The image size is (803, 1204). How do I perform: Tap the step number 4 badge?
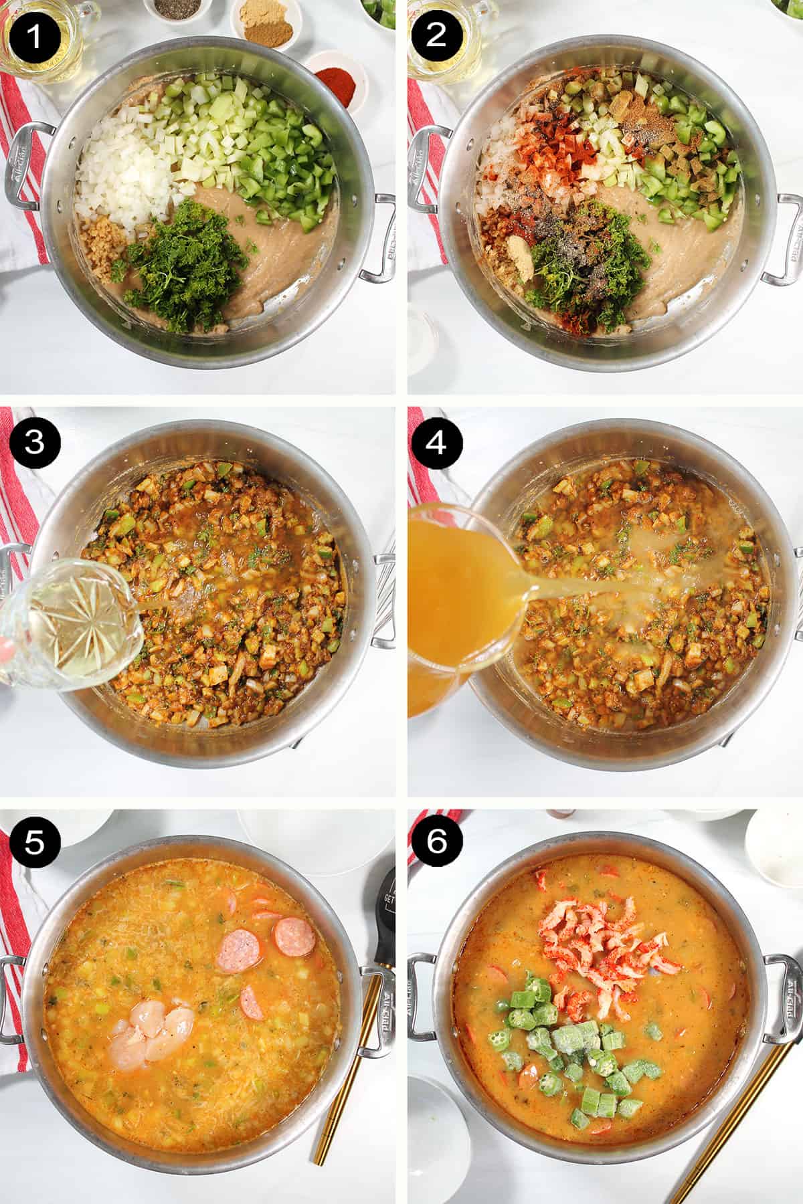(436, 442)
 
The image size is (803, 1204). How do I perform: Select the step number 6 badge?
(436, 842)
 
